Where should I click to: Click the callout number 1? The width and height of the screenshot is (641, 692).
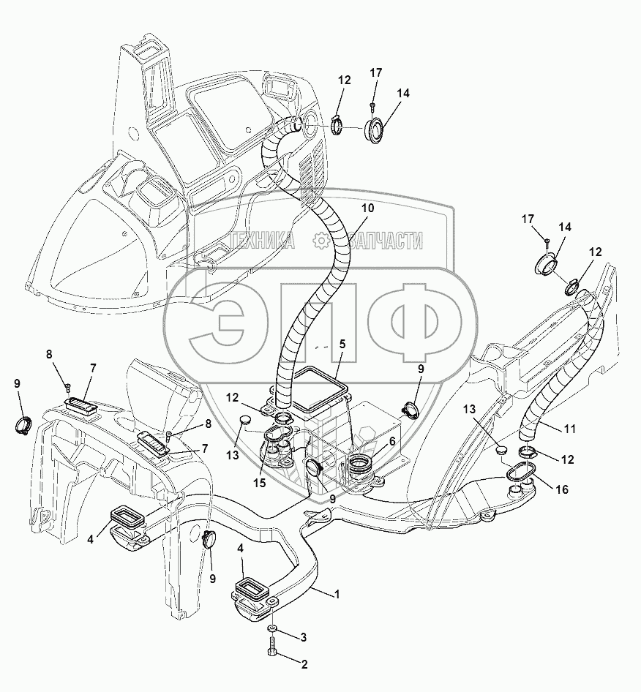[x=337, y=594]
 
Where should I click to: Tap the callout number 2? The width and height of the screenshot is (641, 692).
[x=304, y=665]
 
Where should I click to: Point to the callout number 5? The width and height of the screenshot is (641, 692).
[x=342, y=343]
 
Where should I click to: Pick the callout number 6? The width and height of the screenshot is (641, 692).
[x=391, y=442]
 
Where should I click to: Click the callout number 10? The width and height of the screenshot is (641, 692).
[x=367, y=208]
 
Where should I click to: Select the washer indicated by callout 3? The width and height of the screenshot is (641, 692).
[x=272, y=629]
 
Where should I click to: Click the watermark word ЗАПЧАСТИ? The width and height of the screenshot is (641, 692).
[x=386, y=241]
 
